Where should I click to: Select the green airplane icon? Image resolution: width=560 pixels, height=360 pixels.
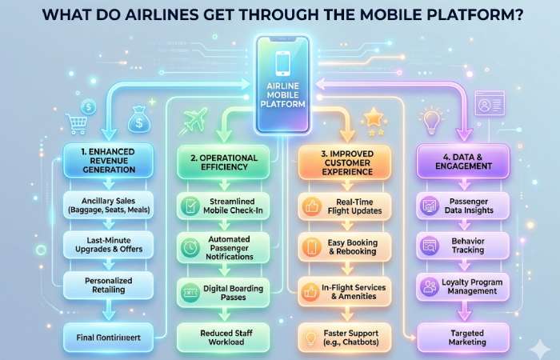194,118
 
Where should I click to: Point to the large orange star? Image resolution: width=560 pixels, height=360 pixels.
373,118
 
